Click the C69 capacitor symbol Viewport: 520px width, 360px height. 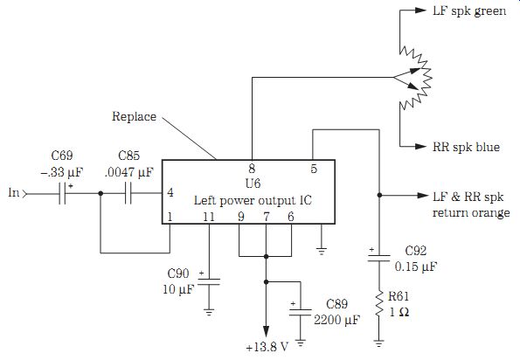[x=62, y=193]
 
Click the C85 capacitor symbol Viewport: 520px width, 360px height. [x=128, y=193]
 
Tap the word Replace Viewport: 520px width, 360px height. [x=134, y=117]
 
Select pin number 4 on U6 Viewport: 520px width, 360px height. [x=170, y=192]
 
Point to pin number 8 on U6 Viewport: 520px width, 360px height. [x=252, y=169]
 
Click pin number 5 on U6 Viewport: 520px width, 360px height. [x=314, y=169]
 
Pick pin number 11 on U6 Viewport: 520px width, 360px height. [x=209, y=217]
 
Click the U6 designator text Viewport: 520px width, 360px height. [x=253, y=183]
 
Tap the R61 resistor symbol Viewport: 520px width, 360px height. [x=379, y=304]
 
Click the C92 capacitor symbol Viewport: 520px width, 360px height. [x=378, y=258]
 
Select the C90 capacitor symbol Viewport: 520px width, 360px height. [x=209, y=281]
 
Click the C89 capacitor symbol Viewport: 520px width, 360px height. [x=300, y=312]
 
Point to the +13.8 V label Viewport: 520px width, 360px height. [x=267, y=347]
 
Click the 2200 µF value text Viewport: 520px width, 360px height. [x=336, y=320]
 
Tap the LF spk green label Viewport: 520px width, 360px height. [x=469, y=11]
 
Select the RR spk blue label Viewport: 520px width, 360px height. [x=466, y=147]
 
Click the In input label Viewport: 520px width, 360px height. [x=14, y=192]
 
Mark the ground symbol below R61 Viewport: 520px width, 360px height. [x=379, y=343]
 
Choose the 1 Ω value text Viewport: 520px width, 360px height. [x=399, y=312]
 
